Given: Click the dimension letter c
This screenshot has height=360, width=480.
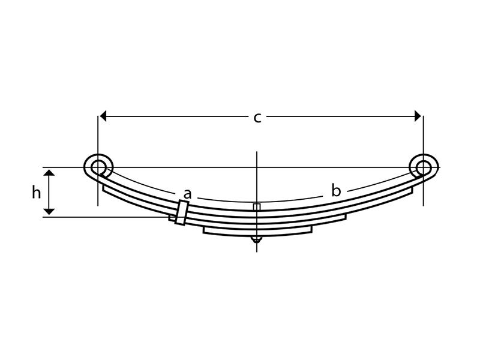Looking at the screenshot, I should click(x=257, y=118).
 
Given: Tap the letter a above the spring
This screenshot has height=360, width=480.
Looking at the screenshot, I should click(x=187, y=194).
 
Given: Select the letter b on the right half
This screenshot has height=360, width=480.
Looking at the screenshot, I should click(x=336, y=191).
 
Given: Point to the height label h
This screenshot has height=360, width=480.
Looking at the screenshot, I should click(x=36, y=193).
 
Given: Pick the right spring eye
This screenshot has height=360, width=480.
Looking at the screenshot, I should click(x=423, y=166).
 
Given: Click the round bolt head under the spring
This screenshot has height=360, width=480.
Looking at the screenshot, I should click(x=257, y=239).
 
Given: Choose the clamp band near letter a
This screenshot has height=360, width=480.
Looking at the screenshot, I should click(x=181, y=214).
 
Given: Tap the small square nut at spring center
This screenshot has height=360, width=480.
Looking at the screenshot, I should click(x=257, y=207).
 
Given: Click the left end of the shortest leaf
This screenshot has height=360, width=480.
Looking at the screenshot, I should click(x=205, y=229).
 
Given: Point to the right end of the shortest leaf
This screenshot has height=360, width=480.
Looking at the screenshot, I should click(x=312, y=229).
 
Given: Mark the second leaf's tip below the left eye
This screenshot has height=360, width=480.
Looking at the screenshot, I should click(x=105, y=188).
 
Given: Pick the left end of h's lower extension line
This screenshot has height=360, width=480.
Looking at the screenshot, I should click(x=43, y=217).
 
